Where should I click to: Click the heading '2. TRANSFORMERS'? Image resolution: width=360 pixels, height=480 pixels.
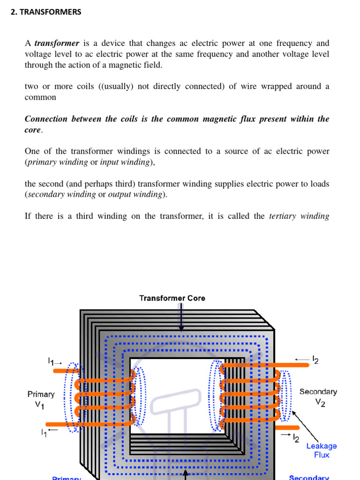point(46,12)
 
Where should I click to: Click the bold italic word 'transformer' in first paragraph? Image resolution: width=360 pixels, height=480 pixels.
point(57,43)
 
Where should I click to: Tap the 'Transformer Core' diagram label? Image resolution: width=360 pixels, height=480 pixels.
point(172,298)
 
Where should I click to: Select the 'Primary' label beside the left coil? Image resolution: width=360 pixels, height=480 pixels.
point(41,395)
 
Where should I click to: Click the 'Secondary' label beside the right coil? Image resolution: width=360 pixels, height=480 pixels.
point(318,391)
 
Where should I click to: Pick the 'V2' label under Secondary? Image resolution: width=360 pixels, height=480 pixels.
point(320,403)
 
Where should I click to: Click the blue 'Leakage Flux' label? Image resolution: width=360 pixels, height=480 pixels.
point(322,450)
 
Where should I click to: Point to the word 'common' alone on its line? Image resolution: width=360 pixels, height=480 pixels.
point(40,97)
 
